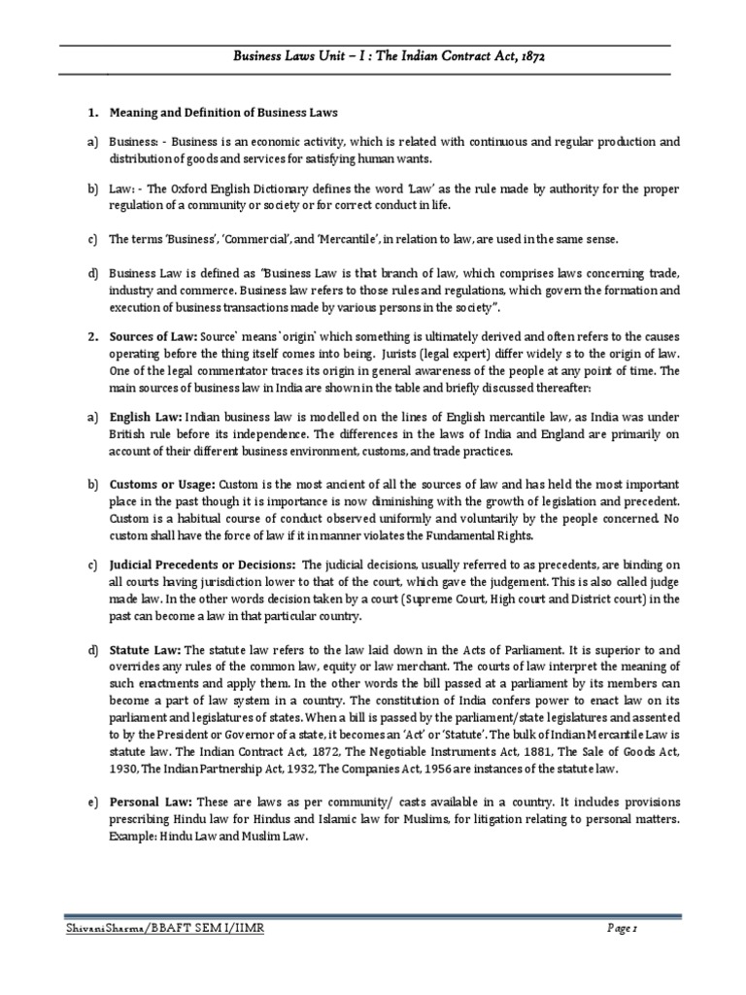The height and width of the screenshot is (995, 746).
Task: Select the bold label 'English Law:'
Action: (x=144, y=415)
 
